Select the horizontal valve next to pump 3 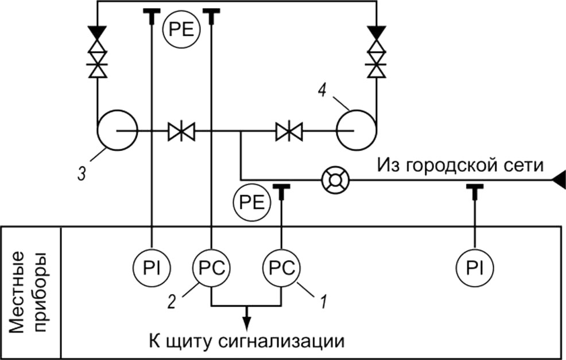coord(181,131)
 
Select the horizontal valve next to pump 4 coord(289,131)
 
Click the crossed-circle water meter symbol coord(335,180)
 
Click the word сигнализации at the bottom coord(281,341)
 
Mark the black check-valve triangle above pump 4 coord(377,33)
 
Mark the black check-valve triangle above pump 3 coord(98,33)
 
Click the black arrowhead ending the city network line coord(558,180)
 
